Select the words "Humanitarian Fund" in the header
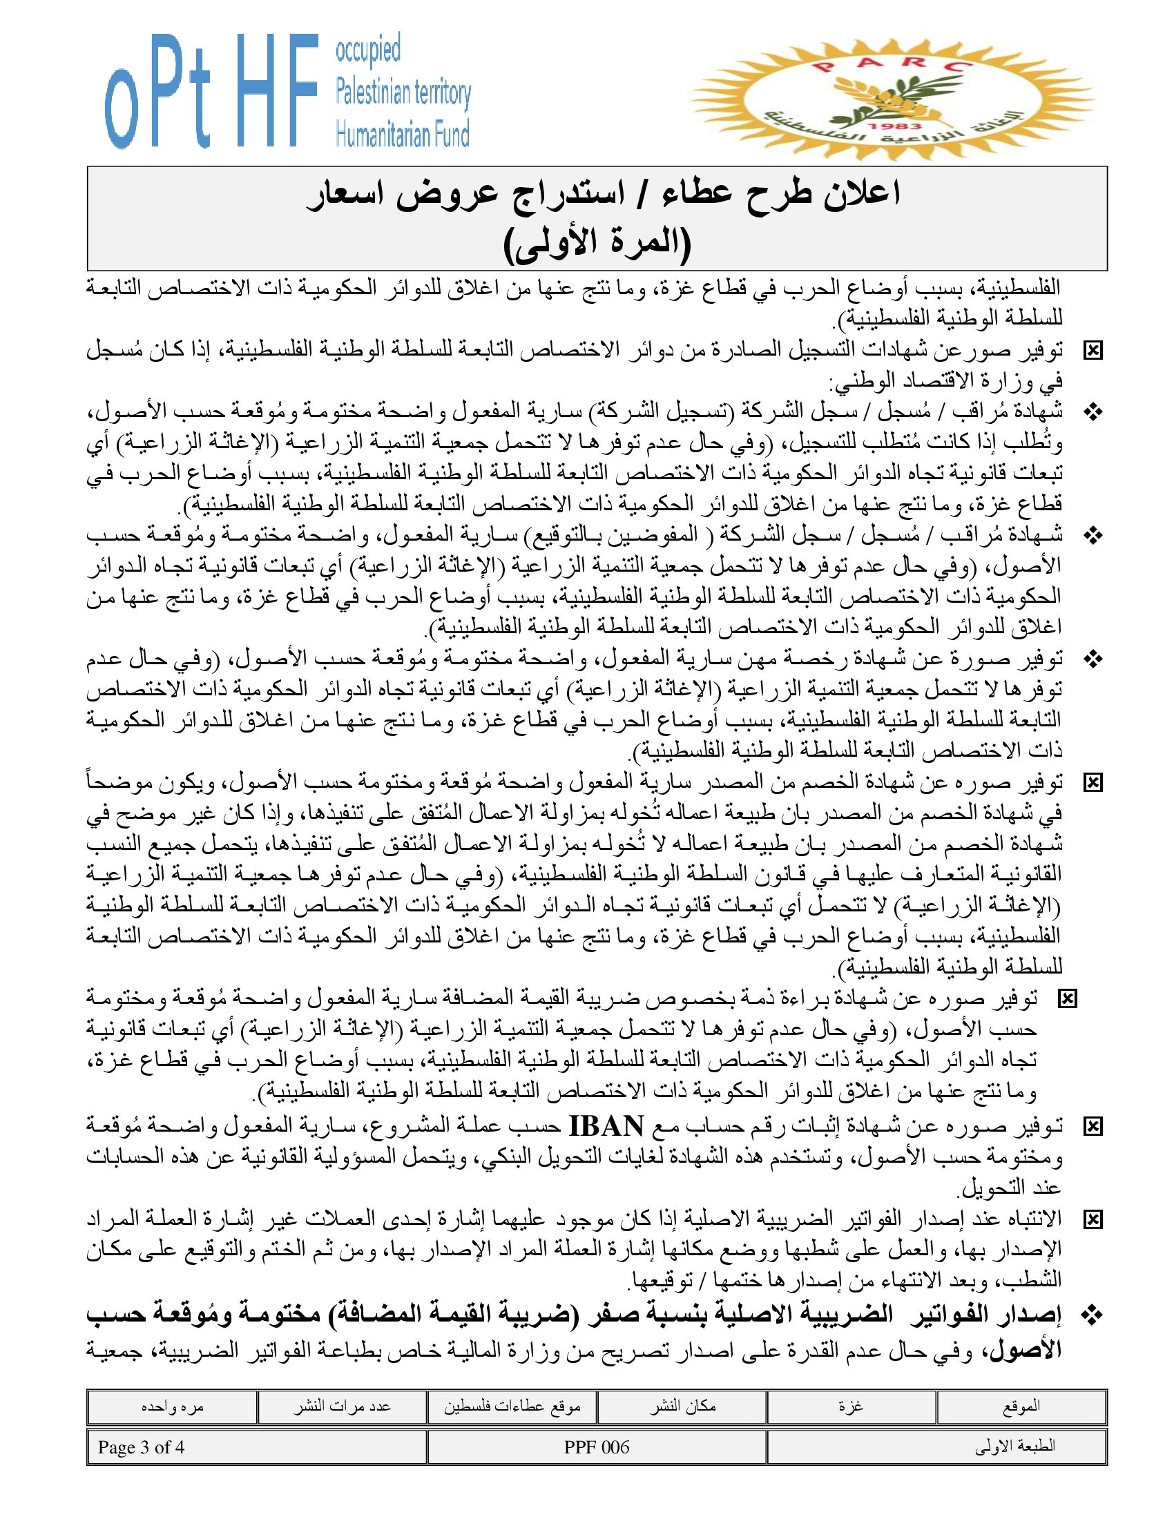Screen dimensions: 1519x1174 (403, 133)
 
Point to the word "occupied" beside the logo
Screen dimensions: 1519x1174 (368, 51)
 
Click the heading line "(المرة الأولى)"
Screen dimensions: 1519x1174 (597, 244)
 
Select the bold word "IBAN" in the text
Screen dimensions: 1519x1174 (606, 1125)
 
